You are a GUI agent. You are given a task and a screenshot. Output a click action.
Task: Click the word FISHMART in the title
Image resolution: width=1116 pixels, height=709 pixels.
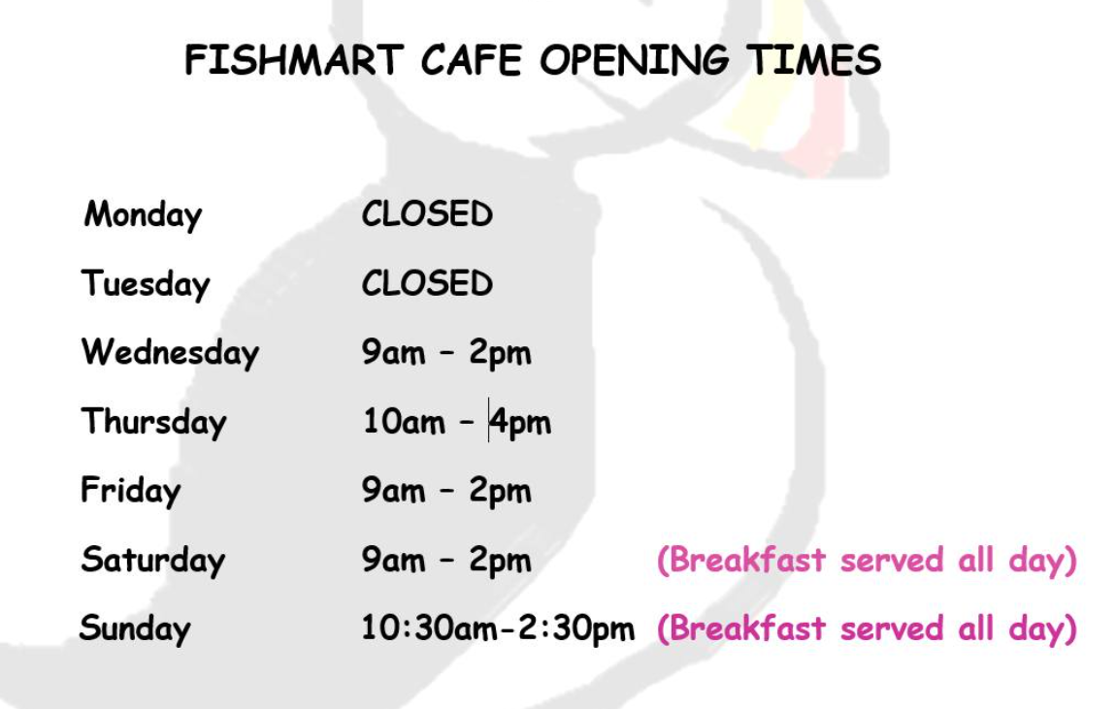click(x=294, y=60)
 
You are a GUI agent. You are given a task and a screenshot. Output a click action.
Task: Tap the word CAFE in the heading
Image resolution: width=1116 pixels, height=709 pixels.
click(x=472, y=60)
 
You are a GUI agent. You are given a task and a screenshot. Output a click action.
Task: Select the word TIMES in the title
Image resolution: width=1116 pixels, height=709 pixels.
click(x=814, y=60)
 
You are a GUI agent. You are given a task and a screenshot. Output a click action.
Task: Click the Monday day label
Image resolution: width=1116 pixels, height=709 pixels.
click(x=143, y=214)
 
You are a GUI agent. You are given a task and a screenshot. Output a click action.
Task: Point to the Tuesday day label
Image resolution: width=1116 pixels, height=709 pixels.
click(x=146, y=284)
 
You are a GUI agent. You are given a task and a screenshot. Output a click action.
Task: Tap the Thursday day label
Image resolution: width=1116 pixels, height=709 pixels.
click(x=153, y=421)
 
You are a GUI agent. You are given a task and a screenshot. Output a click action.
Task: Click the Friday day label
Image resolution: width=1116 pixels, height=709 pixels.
click(x=131, y=491)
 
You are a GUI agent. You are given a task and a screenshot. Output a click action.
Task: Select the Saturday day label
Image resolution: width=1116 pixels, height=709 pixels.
click(x=153, y=559)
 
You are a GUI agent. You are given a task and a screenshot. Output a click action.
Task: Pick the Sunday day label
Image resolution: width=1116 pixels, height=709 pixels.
click(x=135, y=628)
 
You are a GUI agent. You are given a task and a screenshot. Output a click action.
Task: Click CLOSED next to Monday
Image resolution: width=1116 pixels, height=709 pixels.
click(x=427, y=214)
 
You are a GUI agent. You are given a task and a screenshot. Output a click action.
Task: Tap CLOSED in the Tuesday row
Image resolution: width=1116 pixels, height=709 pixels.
click(x=427, y=283)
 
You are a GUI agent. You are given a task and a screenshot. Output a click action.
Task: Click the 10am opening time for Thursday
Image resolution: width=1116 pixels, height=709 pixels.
click(x=405, y=421)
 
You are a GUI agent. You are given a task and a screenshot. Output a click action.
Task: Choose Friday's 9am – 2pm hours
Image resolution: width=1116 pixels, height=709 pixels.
click(x=446, y=491)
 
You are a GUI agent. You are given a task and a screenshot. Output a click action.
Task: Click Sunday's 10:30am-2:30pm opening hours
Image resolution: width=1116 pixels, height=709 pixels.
click(x=498, y=628)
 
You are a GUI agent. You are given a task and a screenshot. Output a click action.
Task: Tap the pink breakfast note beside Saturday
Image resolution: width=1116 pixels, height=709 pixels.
click(x=867, y=561)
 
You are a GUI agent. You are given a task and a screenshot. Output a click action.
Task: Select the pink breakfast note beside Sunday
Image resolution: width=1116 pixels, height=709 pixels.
click(x=867, y=628)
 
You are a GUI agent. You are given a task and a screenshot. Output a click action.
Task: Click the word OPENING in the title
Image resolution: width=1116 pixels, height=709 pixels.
click(x=634, y=60)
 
